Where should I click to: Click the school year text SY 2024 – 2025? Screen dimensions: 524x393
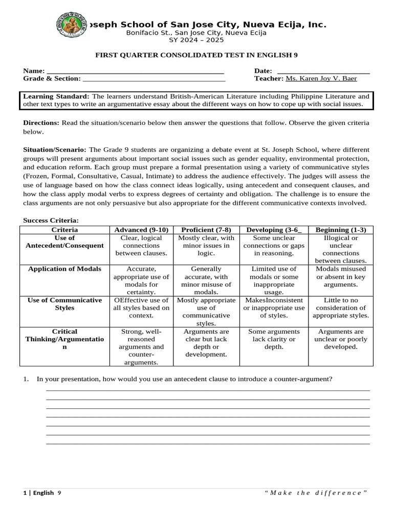(196, 40)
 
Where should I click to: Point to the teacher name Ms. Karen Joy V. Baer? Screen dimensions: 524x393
(321, 78)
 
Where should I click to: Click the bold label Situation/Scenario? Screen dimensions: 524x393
(55, 150)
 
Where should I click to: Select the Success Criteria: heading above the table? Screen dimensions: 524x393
(51, 220)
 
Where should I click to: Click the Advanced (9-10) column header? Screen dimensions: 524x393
(141, 230)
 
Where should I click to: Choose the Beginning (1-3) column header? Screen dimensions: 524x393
(341, 230)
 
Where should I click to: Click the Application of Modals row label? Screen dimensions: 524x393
(64, 269)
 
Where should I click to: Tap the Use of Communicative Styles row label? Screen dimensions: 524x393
(64, 304)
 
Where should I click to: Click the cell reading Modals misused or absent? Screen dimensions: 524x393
(341, 276)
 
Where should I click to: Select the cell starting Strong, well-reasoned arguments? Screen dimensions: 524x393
(141, 347)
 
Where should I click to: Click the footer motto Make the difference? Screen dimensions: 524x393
(316, 493)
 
